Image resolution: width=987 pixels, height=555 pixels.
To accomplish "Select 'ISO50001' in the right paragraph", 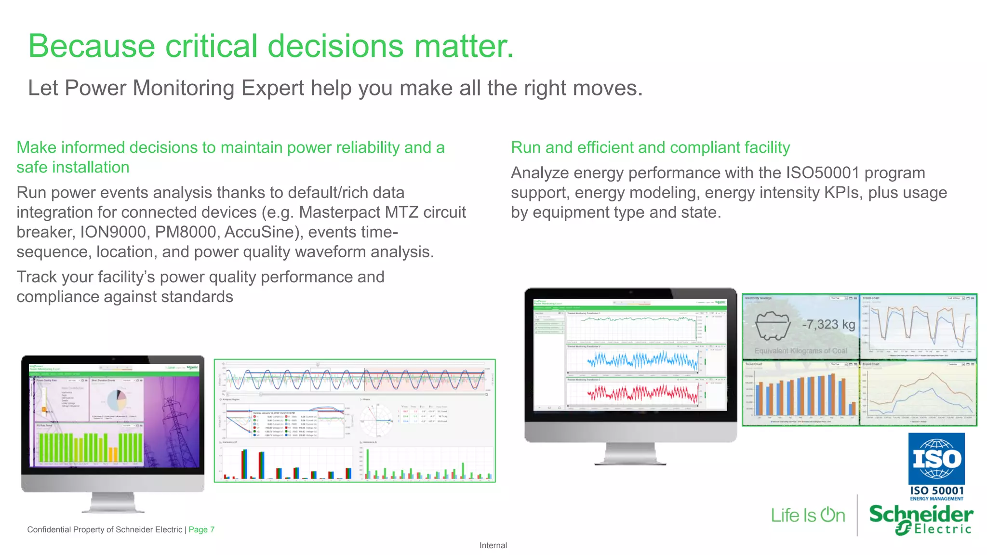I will pos(822,173).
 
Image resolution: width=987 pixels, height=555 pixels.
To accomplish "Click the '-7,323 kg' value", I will pos(828,324).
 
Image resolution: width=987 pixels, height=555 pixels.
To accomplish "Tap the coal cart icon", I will pos(773,325).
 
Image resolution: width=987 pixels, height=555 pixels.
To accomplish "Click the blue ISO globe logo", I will pos(936,459).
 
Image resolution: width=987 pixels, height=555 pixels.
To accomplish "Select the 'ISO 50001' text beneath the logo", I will pos(936,490).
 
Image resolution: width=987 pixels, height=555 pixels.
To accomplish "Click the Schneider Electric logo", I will pos(920,519).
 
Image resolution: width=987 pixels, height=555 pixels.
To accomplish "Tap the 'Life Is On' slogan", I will pos(808,515).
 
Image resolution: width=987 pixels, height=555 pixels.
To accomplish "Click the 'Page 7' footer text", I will pos(201,530).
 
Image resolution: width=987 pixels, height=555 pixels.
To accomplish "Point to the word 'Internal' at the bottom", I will pos(493,545).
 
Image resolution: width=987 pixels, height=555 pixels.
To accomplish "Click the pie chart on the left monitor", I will pos(116,399).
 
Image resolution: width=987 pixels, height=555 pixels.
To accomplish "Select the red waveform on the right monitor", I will pos(642,394).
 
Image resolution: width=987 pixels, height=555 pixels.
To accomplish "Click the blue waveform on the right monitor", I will pos(642,360).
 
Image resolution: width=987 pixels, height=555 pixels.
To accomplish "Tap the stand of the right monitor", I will pos(630,454).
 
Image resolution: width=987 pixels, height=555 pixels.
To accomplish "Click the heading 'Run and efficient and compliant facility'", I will pos(650,148).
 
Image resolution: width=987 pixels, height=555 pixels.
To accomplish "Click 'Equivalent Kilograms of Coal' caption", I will pos(800,351).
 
